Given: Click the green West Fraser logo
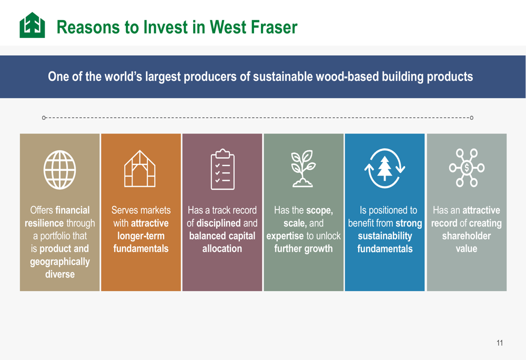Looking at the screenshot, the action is (x=32, y=25).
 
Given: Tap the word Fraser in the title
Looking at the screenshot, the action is (x=274, y=27).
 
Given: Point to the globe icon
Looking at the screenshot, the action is (x=60, y=170).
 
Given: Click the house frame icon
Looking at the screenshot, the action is (x=140, y=169).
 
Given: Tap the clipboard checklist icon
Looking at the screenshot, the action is (x=222, y=169).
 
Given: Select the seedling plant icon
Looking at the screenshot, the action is (x=304, y=168).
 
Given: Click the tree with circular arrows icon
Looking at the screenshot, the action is (x=385, y=168).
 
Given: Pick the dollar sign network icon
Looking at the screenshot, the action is (x=467, y=168).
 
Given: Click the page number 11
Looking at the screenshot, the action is (x=500, y=343).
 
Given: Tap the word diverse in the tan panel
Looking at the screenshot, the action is (x=60, y=274).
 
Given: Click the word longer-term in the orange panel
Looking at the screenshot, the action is (x=141, y=236).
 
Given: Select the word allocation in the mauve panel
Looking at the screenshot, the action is (x=222, y=249).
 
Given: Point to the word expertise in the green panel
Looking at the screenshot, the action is (x=285, y=236).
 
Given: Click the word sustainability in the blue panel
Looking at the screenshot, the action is (x=385, y=236).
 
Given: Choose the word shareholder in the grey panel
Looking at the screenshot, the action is (x=466, y=236).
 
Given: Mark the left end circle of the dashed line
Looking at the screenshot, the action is (x=44, y=118).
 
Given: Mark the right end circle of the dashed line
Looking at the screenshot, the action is (x=472, y=118).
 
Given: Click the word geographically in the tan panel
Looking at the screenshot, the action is (x=60, y=262).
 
